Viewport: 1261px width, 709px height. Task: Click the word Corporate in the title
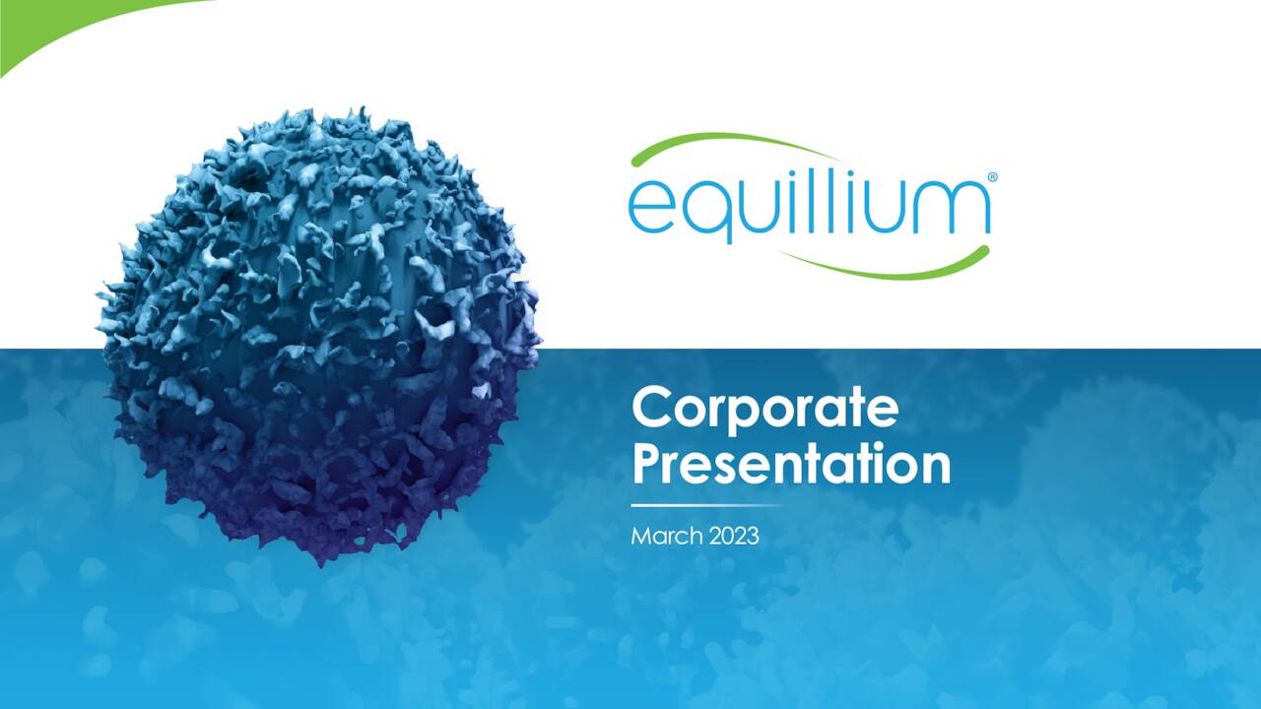click(x=764, y=409)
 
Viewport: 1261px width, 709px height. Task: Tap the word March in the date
click(x=665, y=537)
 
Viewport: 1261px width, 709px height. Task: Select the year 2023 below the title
click(x=732, y=537)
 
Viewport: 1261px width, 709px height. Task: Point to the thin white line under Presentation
click(x=704, y=505)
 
